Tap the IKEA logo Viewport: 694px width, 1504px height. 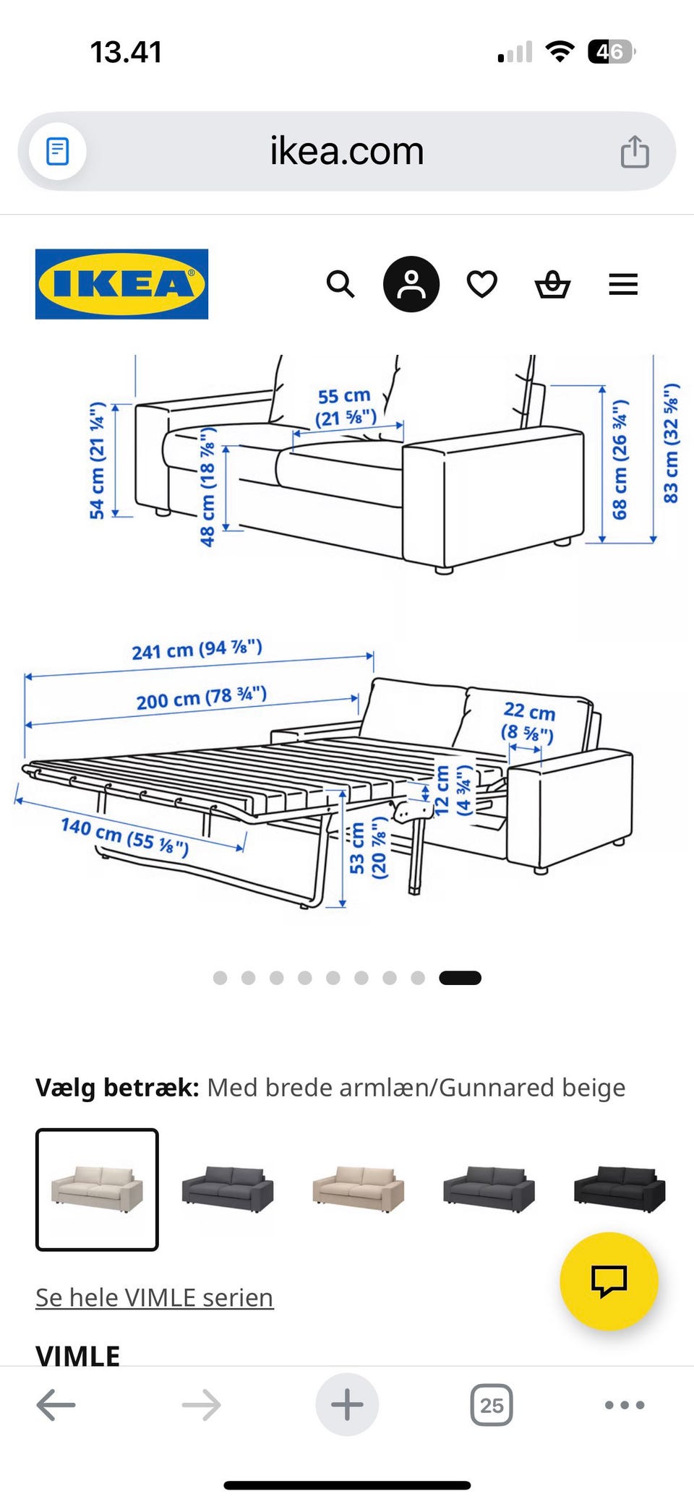[121, 284]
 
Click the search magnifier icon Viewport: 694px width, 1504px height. [340, 284]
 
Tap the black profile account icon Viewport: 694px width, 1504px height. [411, 284]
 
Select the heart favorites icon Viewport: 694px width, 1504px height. [482, 284]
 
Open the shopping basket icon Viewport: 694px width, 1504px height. [552, 284]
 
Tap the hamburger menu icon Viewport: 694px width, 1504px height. [623, 284]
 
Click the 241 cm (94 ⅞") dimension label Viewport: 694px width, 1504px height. [197, 649]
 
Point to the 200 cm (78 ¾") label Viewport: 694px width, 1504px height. [202, 698]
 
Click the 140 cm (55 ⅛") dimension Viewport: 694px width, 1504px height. [125, 835]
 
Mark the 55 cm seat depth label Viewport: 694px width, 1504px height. [345, 406]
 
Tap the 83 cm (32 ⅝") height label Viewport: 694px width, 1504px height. [671, 444]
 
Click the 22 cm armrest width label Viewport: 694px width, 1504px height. [528, 721]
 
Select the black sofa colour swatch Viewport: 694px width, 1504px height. [620, 1189]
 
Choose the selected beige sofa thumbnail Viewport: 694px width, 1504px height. [97, 1189]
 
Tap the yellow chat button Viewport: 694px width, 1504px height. [609, 1281]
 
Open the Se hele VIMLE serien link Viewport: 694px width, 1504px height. [154, 1297]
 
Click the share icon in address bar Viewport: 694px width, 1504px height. [635, 152]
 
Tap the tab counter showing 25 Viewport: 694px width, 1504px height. [492, 1405]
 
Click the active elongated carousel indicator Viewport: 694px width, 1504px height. [460, 978]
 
